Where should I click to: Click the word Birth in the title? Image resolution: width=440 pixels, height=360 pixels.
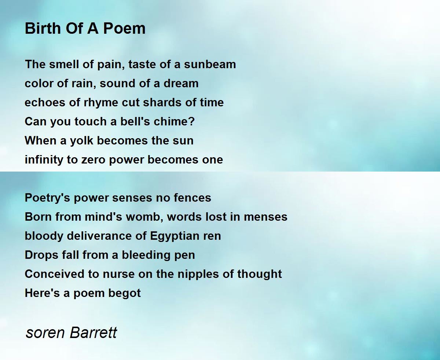coord(43,28)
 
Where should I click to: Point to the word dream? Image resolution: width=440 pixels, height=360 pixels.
coord(181,84)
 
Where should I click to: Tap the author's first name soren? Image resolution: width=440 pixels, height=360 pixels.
coord(45,333)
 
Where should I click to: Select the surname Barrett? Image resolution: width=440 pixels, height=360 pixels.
coord(93,332)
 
